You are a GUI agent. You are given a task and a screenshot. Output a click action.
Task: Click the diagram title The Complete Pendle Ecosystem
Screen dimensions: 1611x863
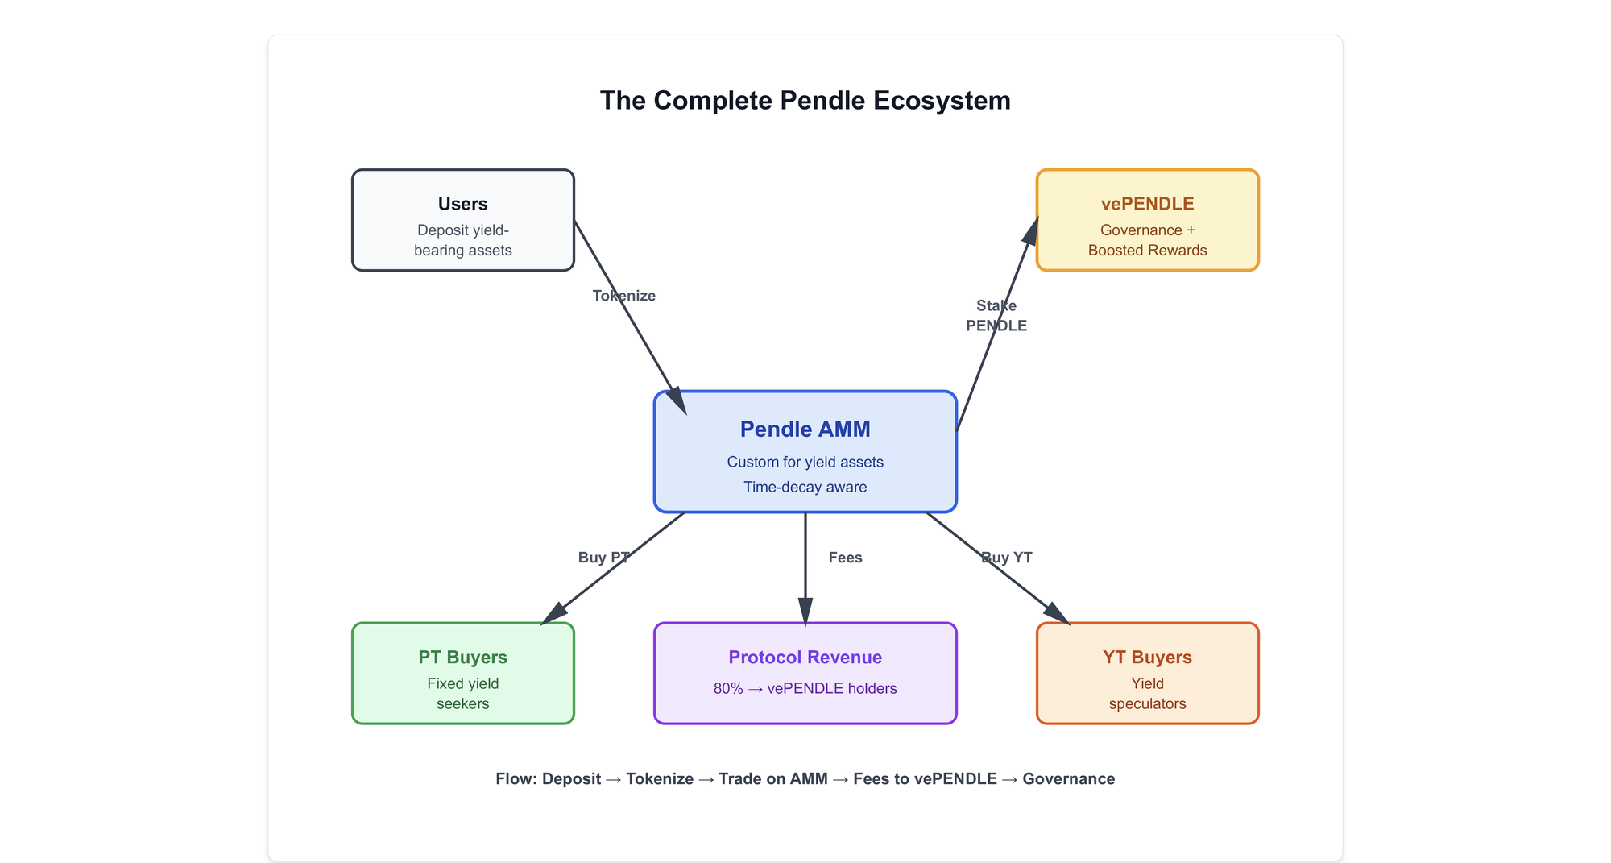pos(805,101)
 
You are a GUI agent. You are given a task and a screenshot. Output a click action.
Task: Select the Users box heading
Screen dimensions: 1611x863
pos(463,204)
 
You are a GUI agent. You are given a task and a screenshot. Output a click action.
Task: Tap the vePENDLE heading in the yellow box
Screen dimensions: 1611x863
pos(1148,204)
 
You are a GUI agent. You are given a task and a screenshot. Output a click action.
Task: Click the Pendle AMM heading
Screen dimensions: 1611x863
pos(805,429)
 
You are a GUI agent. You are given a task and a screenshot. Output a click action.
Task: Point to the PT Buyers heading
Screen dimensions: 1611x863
pos(463,658)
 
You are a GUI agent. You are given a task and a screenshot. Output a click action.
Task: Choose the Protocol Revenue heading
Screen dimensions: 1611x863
pos(805,658)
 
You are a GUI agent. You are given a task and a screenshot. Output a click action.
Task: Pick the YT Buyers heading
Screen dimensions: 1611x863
pos(1148,658)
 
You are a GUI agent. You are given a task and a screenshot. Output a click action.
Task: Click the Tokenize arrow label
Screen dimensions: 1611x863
pos(624,296)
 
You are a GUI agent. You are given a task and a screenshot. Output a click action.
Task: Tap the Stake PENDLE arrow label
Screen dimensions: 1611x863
pos(996,315)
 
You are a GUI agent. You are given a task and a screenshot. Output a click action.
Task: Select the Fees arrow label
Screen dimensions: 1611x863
pos(846,558)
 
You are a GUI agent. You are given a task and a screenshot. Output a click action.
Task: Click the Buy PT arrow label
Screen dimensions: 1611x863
pos(604,558)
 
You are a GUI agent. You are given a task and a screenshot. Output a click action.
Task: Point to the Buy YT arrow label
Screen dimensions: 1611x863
pos(1007,558)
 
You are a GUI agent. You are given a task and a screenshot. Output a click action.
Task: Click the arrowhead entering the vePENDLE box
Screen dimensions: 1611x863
pos(1031,230)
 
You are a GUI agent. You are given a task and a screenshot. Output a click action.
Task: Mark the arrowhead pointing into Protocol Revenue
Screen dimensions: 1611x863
pos(805,612)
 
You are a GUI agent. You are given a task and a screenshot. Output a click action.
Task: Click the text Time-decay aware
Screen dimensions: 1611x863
pos(805,487)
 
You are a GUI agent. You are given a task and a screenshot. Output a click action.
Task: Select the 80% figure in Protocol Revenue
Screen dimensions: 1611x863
pos(728,688)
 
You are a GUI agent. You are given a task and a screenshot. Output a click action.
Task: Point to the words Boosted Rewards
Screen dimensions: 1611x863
pos(1148,251)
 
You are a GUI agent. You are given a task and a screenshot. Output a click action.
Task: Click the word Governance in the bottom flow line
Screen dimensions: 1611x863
pos(1069,779)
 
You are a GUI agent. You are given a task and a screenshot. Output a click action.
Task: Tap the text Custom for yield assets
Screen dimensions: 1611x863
pos(805,462)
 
